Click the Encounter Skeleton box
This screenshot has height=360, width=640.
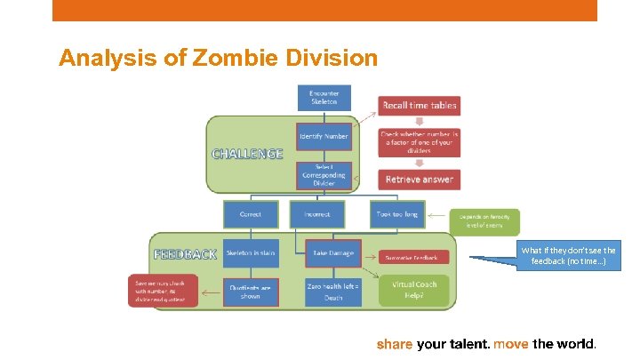coord(324,98)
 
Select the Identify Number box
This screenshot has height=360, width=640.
coord(324,136)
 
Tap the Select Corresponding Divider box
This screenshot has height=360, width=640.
coord(324,175)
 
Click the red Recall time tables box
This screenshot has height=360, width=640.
coord(419,106)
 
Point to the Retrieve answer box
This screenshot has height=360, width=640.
coord(419,179)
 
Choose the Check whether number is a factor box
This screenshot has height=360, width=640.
coord(419,142)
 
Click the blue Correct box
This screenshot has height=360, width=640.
coord(250,214)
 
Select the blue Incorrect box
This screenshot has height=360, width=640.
coord(317,214)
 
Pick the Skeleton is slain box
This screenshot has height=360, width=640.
coord(250,253)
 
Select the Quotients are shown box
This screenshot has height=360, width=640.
coord(250,292)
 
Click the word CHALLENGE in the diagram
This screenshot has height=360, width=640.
coord(247,153)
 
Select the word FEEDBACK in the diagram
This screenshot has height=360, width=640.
coord(185,253)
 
